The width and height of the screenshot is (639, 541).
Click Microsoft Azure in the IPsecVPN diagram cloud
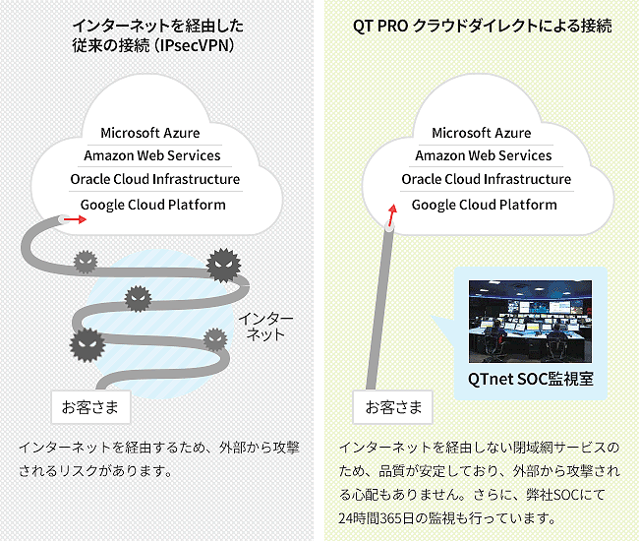click(x=150, y=133)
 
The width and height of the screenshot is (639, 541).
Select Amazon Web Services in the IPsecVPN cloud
click(x=152, y=155)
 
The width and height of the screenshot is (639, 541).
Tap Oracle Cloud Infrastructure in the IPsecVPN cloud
click(x=155, y=179)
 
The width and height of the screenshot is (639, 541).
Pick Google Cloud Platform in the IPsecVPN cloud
click(x=153, y=205)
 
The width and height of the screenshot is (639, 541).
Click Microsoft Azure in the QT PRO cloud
click(x=482, y=133)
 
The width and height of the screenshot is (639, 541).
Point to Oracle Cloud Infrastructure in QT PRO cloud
click(x=487, y=179)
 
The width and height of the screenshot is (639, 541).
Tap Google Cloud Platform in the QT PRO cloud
click(x=485, y=205)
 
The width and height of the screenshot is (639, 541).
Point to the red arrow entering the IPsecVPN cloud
click(x=76, y=220)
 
